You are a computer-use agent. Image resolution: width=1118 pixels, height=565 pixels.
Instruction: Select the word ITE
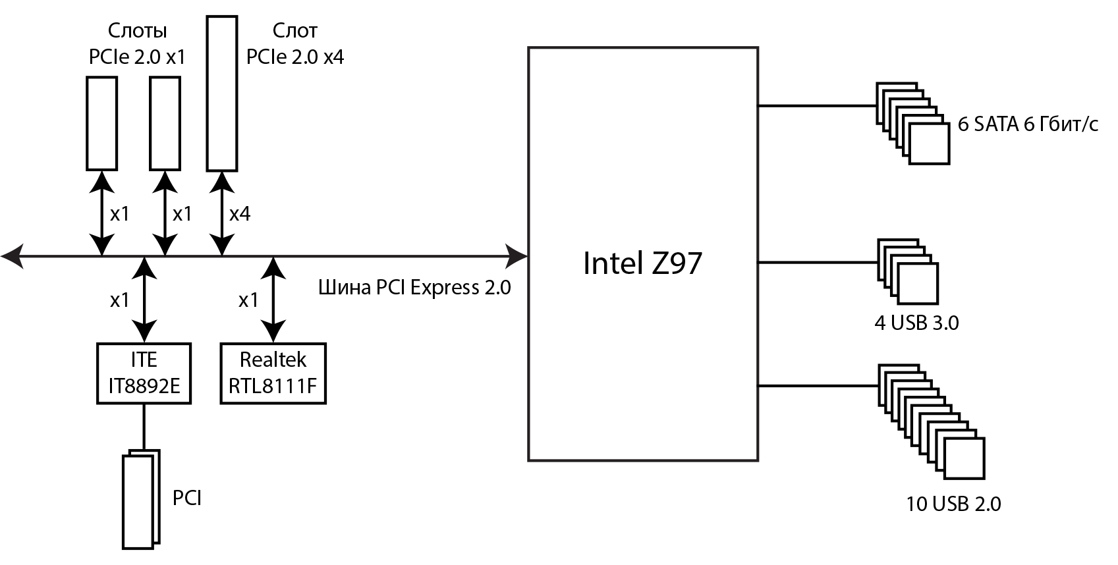pos(144,360)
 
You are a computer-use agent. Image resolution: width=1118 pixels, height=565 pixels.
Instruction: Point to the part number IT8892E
pos(144,385)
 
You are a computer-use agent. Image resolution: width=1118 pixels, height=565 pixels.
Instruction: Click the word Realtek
pos(273,360)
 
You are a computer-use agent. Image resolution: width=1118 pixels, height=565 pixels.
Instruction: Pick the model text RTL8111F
pos(273,385)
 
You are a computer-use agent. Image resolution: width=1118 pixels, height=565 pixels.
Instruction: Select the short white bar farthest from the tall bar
pos(102,123)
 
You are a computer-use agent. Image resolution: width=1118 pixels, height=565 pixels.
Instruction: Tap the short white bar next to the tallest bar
pos(165,123)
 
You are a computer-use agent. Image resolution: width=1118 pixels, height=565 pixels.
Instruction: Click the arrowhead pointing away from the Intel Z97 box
pos(12,256)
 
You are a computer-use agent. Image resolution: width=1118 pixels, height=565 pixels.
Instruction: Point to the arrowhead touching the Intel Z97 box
pos(517,256)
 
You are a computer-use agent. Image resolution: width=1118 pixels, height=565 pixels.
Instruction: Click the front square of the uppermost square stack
pos(930,144)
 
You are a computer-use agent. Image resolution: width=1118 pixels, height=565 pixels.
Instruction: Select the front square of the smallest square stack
pos(918,284)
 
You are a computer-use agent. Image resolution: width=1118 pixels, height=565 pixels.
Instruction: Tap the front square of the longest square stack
pos(964,458)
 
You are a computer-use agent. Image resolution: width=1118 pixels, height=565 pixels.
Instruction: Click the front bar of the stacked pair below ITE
pos(138,502)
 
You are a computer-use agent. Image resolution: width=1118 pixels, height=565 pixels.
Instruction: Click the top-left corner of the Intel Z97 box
pos(530,48)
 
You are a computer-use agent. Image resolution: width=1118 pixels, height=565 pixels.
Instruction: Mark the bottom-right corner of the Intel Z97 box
pos(758,460)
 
